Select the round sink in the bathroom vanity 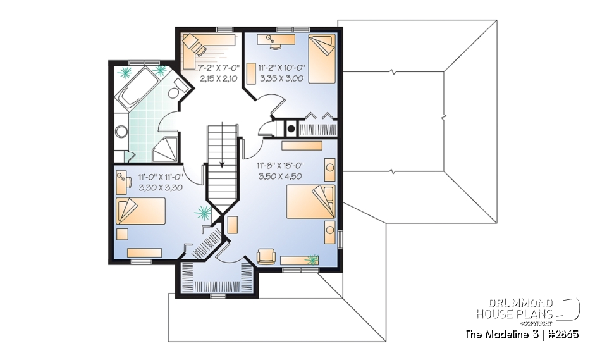[x=122, y=132]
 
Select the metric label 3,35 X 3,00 [x=281, y=78]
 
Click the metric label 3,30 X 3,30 [x=161, y=188]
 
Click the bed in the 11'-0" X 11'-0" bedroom [x=140, y=209]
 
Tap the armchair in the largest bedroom [x=266, y=256]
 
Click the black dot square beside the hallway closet [x=290, y=128]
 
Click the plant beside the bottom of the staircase [x=204, y=212]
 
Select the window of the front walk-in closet [x=216, y=294]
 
